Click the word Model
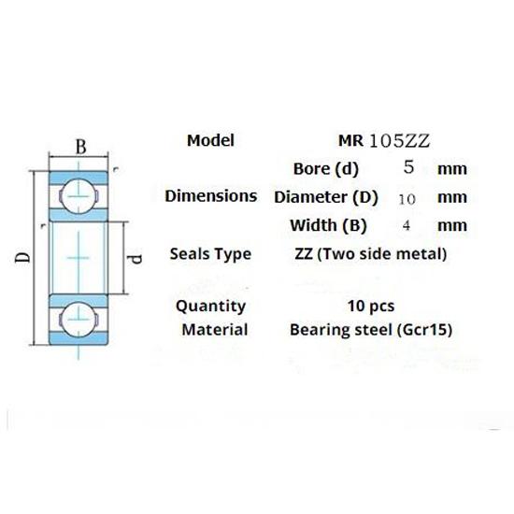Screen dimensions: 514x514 210,141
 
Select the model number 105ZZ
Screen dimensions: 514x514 399,142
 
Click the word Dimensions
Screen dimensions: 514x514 210,196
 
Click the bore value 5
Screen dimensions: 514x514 407,169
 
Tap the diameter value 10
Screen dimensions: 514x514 407,198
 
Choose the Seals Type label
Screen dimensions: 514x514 210,253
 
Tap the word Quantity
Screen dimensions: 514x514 210,306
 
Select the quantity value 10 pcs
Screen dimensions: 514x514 369,306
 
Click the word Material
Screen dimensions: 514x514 214,329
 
